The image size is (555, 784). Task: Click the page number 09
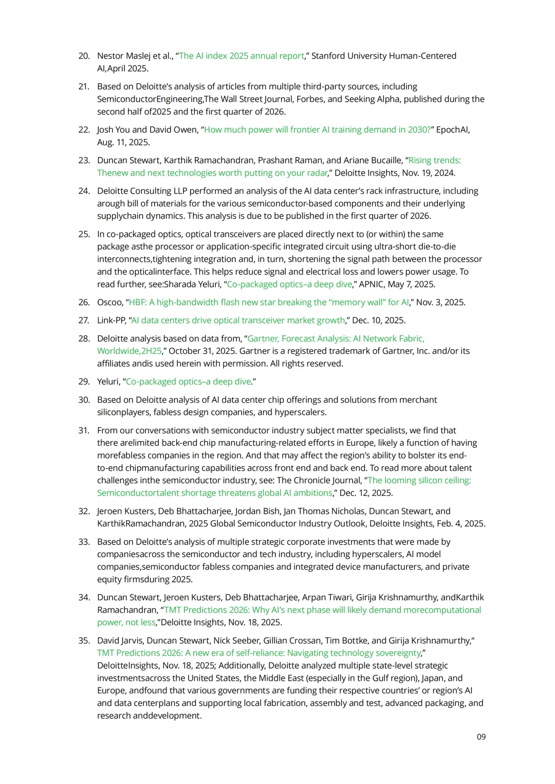(481, 737)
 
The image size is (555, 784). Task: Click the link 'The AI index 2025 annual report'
(242, 56)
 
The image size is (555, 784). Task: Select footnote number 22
(84, 130)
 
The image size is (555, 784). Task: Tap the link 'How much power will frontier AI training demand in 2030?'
(317, 130)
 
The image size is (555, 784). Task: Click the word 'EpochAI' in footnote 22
(452, 130)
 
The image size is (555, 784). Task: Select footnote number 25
(84, 234)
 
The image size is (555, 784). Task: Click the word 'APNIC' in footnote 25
(374, 284)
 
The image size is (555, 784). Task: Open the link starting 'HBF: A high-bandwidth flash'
(269, 302)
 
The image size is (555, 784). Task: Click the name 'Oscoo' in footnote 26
(109, 302)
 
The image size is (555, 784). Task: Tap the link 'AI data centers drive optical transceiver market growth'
(238, 320)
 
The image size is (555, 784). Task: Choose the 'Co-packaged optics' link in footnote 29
(188, 382)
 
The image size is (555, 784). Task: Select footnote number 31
(84, 431)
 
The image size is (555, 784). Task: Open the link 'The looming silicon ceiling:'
(419, 481)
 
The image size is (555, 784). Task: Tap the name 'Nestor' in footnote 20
(110, 56)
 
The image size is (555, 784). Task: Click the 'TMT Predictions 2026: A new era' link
(259, 653)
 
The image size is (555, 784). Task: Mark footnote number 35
(84, 641)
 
